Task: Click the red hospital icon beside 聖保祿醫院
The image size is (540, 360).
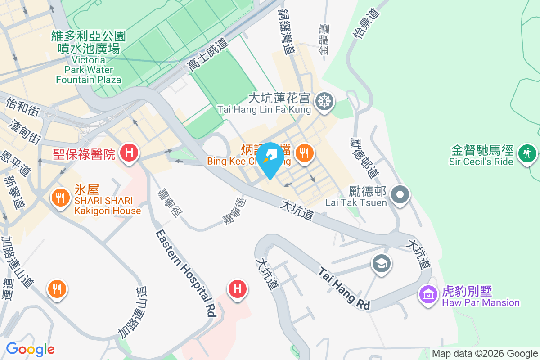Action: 129,153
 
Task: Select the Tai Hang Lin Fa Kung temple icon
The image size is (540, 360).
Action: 324,100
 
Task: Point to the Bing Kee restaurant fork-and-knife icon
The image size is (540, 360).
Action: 305,153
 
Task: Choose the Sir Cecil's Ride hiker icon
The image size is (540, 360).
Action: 527,153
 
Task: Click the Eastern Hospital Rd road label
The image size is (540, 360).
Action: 186,273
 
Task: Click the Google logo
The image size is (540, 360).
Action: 30,349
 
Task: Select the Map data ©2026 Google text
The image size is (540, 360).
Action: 485,353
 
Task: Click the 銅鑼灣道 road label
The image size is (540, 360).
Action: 286,31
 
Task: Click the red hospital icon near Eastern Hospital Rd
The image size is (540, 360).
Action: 238,289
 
